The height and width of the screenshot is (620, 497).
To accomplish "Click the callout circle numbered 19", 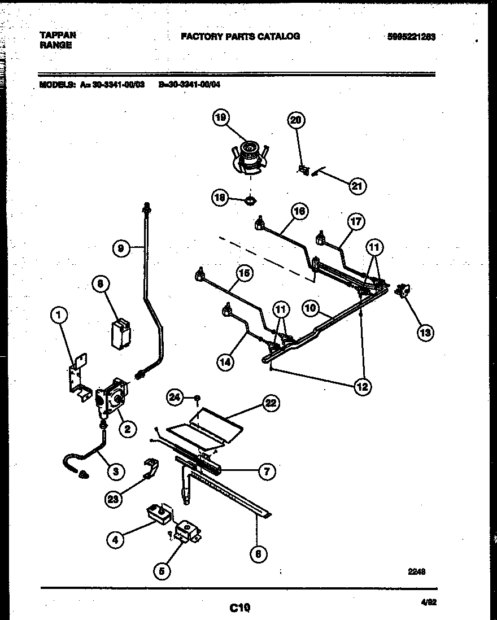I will click(221, 118).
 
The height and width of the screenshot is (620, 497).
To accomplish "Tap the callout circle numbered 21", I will click(358, 186).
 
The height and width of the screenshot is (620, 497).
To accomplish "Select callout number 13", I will click(425, 333).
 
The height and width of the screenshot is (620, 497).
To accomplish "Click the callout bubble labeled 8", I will click(100, 286).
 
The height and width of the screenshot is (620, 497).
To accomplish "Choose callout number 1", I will click(58, 316).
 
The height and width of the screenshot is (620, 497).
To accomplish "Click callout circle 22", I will click(272, 403).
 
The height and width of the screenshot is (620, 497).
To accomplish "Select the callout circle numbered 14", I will click(225, 363).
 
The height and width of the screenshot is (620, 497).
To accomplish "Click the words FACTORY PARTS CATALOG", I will click(240, 37).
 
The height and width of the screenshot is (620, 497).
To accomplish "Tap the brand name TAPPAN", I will click(58, 34).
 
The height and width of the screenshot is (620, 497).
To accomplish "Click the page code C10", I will click(239, 608).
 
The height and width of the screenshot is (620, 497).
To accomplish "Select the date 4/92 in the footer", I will click(429, 602).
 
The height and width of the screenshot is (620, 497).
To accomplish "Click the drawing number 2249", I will click(416, 571).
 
